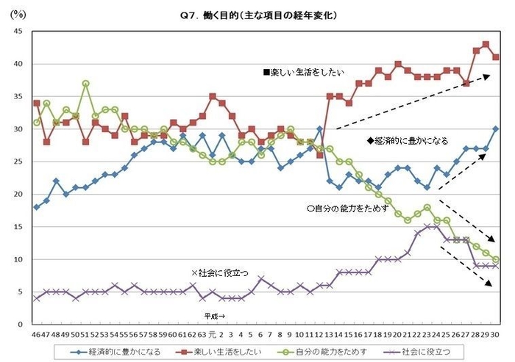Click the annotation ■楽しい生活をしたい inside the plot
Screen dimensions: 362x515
click(x=305, y=73)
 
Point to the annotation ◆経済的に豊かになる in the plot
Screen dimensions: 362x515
click(x=407, y=140)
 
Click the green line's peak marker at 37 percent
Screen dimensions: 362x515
click(x=86, y=83)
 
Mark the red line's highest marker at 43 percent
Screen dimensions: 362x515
click(x=486, y=44)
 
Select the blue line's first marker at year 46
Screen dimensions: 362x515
click(x=37, y=207)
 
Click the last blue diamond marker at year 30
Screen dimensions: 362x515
click(x=495, y=128)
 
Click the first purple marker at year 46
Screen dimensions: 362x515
click(x=37, y=298)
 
